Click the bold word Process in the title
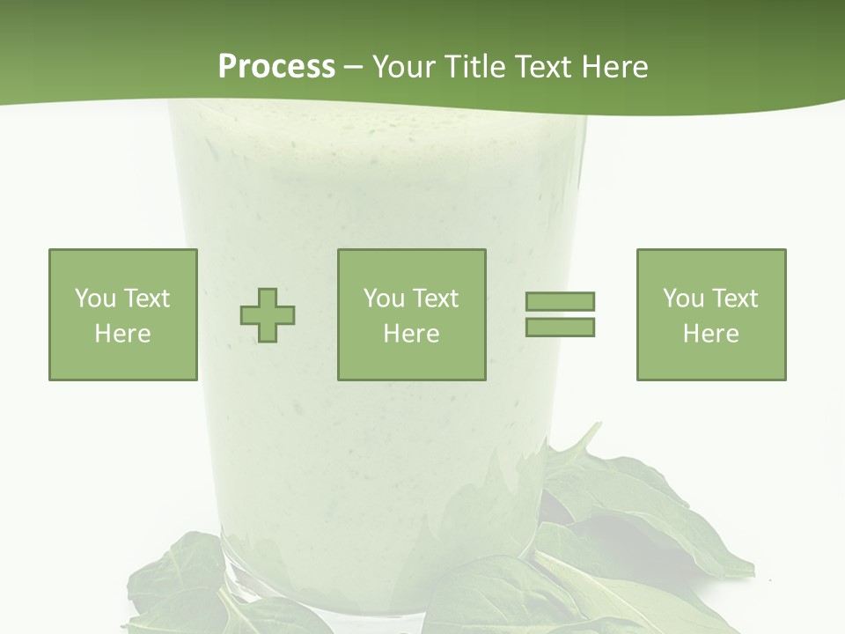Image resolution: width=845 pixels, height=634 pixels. tap(276, 67)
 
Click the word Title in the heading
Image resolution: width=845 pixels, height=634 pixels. tap(480, 67)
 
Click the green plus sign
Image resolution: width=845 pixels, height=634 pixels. tap(268, 315)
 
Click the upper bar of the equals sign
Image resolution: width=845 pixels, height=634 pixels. tap(560, 301)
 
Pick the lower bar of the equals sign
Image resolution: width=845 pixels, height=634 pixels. tap(560, 328)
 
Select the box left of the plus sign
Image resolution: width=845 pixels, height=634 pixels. tap(122, 314)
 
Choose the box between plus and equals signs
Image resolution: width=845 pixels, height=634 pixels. tap(411, 314)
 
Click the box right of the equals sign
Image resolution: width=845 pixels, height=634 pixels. tap(710, 314)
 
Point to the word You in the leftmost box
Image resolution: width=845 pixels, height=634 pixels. tap(94, 299)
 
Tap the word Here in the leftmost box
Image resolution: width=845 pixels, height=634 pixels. tap(122, 334)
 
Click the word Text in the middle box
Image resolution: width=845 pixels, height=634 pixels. tap(435, 299)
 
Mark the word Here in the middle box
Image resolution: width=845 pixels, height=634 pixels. tap(411, 334)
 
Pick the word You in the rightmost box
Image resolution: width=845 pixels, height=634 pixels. tap(682, 299)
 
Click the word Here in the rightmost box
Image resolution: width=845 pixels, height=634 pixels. tap(710, 334)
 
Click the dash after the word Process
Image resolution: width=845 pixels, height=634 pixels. tap(353, 67)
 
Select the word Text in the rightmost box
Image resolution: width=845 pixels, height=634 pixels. tap(734, 299)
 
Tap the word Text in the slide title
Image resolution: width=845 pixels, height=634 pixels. tap(545, 67)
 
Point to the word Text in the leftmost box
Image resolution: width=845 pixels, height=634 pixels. tap(146, 299)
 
